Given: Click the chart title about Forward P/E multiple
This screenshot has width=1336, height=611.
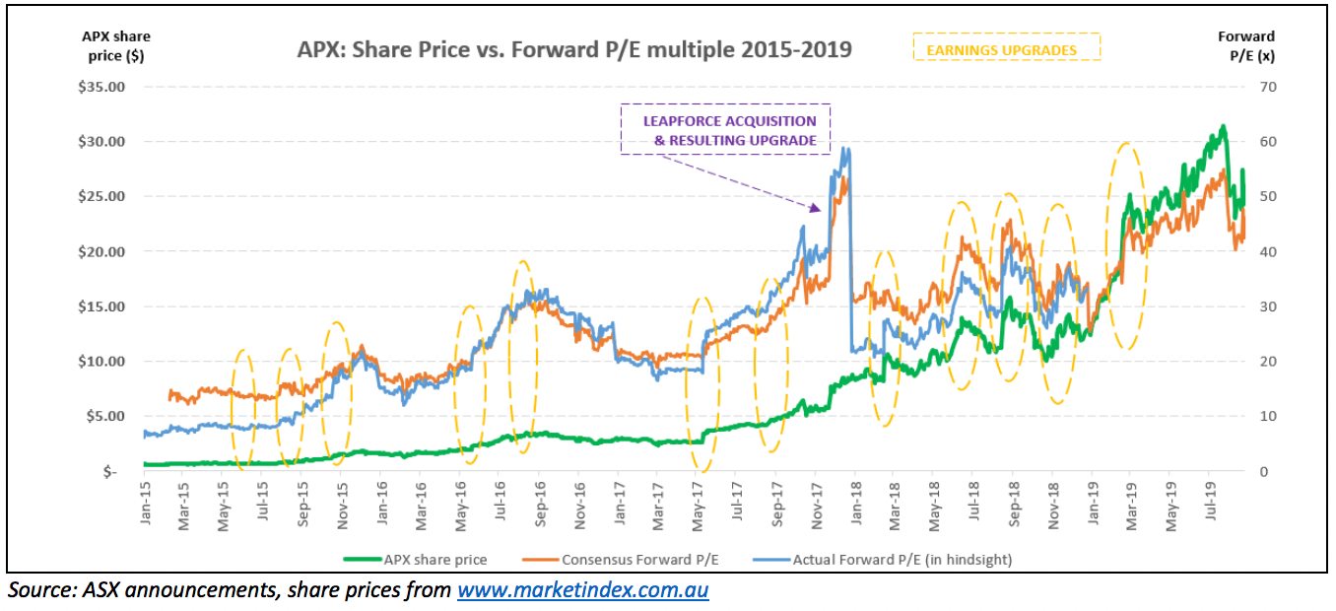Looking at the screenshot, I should [x=574, y=49].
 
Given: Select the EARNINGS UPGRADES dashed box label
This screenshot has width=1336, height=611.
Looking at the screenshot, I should [x=1006, y=48].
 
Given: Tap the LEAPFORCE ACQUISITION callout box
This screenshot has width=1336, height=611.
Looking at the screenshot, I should [x=725, y=130].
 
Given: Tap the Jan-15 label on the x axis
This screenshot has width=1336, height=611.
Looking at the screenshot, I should [x=145, y=506].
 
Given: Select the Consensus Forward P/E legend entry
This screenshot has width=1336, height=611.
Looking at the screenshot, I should [x=640, y=560].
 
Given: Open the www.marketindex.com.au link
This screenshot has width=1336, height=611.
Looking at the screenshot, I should [x=582, y=591].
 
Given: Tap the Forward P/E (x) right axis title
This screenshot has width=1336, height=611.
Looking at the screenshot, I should [x=1246, y=46].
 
